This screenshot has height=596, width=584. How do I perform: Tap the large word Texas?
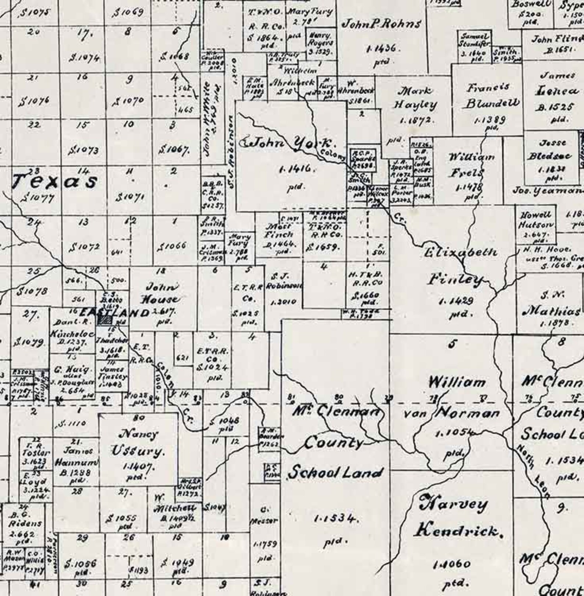55,182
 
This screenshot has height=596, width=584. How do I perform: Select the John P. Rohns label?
381,24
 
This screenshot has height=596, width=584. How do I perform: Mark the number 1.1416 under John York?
295,169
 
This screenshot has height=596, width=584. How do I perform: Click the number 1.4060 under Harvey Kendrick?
457,564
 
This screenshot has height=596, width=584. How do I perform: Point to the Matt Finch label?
279,230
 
